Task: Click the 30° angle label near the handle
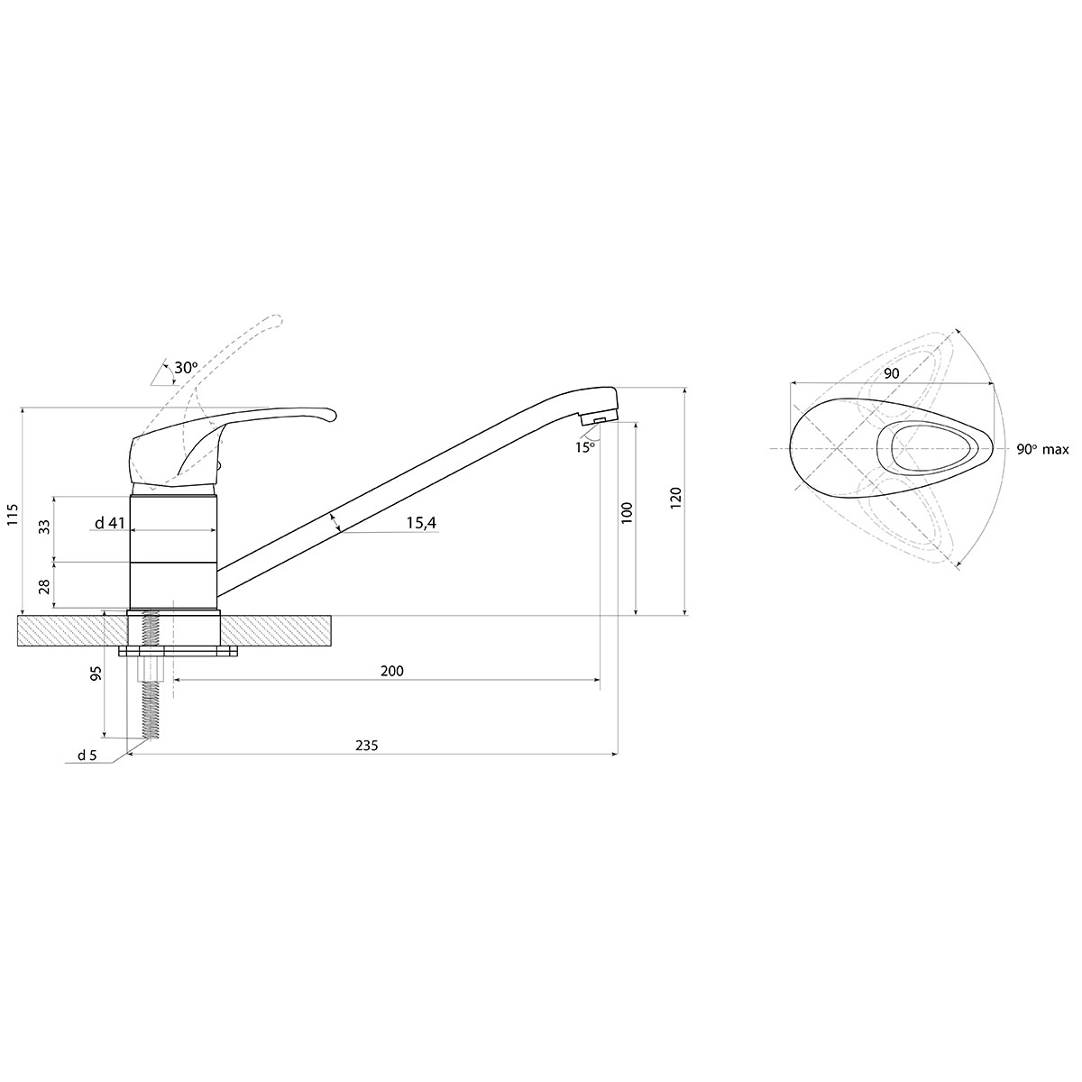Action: coord(186,368)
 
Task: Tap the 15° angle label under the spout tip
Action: coord(584,447)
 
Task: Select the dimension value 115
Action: coord(13,514)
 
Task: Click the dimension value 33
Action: coord(44,527)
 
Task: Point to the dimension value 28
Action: coord(44,586)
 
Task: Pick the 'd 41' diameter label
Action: coord(109,523)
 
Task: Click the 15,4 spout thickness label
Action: coord(421,523)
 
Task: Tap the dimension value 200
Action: coord(392,671)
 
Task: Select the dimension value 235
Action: coord(367,745)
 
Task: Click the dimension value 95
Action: coord(96,674)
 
